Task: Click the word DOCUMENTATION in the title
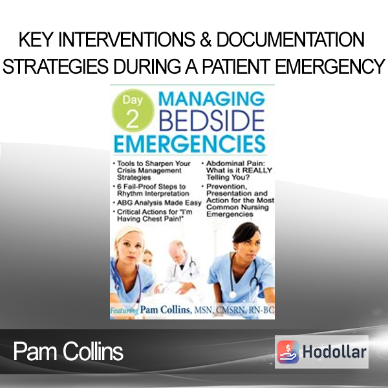point(290,39)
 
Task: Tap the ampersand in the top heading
point(206,39)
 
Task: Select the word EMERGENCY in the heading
point(330,67)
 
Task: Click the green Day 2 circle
point(133,111)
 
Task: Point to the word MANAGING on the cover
point(211,98)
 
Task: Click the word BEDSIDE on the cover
point(211,121)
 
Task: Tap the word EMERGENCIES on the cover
point(189,144)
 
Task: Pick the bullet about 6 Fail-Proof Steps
point(151,189)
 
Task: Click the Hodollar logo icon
point(288,352)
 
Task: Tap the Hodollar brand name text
point(334,352)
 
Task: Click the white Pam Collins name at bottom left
point(69,352)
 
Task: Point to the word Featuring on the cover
point(124,310)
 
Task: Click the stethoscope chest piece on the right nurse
point(232,294)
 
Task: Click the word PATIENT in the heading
point(236,67)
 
